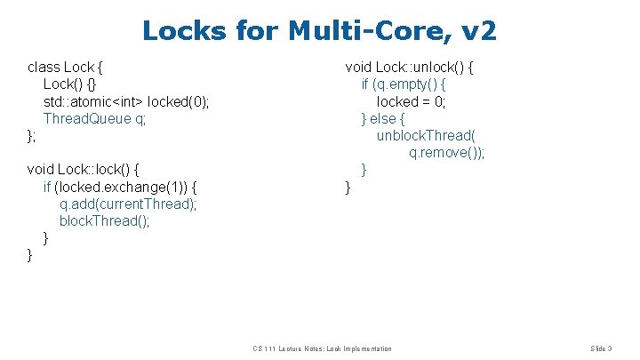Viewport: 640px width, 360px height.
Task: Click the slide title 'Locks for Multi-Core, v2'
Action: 319,32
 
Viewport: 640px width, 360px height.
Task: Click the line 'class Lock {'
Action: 68,67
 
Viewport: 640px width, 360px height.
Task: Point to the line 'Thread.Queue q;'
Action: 94,118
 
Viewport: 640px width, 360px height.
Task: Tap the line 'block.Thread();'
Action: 105,220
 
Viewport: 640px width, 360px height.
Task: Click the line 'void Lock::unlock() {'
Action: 410,67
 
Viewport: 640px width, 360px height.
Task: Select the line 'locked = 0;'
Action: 412,101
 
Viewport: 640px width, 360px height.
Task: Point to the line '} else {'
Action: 383,118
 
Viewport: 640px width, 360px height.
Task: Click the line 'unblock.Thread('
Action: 427,135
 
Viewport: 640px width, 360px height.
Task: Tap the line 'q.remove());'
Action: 447,153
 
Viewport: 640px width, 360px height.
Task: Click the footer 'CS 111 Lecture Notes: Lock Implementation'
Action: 322,348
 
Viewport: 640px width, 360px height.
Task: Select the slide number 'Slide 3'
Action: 602,348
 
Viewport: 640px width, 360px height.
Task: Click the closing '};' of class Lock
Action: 32,135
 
